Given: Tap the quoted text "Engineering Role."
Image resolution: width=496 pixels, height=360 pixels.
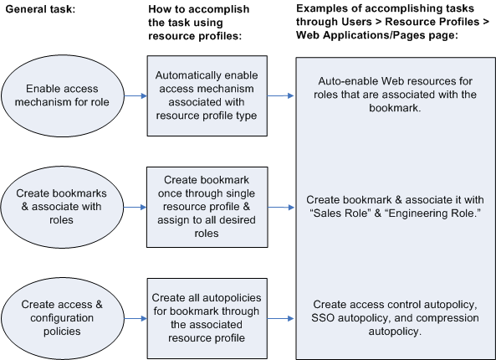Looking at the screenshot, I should [x=428, y=213].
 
